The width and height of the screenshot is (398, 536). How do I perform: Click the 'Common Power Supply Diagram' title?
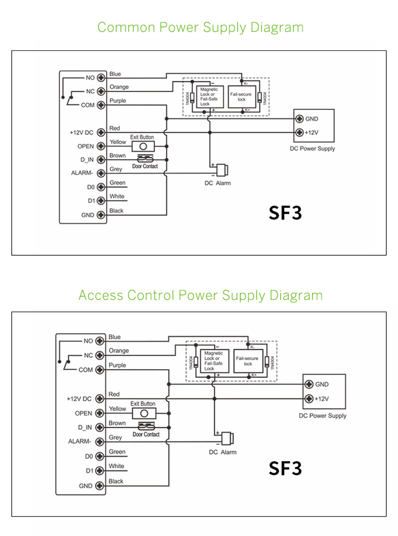tap(201, 28)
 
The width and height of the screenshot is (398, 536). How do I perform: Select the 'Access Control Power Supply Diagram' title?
tap(201, 295)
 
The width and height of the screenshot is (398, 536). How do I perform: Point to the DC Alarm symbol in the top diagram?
tap(222, 170)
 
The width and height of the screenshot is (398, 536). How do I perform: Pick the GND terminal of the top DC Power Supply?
tap(299, 118)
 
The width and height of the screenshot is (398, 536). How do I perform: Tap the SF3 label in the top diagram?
tap(285, 213)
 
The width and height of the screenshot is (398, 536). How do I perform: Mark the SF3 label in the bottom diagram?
tap(285, 468)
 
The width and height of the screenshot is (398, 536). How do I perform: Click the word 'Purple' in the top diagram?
tap(117, 101)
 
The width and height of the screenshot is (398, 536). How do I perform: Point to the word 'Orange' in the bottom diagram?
tap(118, 351)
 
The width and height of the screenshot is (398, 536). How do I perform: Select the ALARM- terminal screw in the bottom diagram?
tap(99, 441)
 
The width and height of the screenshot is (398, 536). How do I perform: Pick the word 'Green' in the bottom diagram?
tap(117, 452)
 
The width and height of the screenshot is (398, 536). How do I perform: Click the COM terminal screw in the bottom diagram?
tap(99, 370)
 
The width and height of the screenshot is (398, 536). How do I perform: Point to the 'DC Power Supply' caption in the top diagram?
tap(313, 149)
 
